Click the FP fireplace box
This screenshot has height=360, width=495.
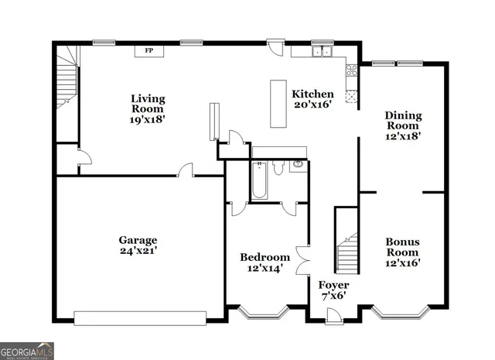pos(149,51)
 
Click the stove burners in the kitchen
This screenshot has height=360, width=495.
pos(352,72)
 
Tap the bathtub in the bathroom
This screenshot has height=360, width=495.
pos(259,180)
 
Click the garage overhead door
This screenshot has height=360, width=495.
pos(140,317)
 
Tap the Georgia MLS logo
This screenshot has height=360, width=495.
pos(27,351)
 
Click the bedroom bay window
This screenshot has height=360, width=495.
pos(261,313)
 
